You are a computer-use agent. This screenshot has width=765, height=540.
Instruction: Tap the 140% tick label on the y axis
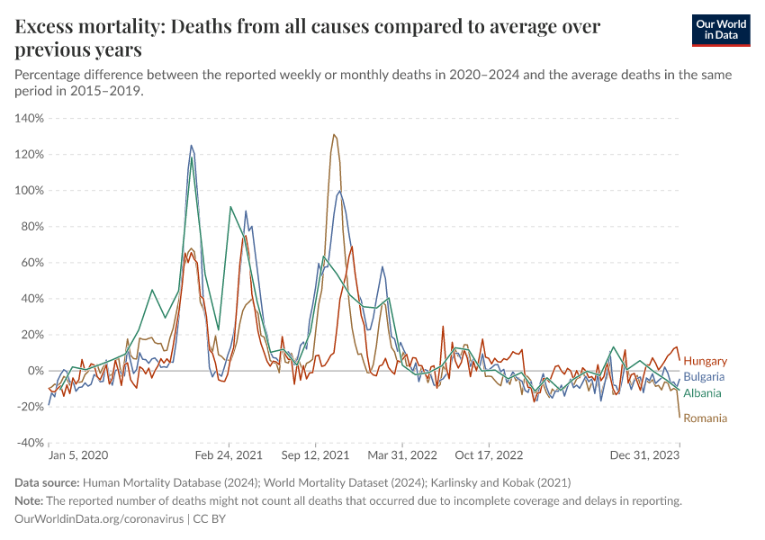[x=30, y=118]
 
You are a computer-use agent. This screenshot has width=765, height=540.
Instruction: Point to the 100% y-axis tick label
[x=30, y=190]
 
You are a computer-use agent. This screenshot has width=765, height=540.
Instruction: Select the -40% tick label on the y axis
[x=30, y=443]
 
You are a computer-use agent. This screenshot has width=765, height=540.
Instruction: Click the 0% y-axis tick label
[x=36, y=371]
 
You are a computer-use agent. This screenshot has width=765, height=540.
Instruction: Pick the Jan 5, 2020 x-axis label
[x=78, y=455]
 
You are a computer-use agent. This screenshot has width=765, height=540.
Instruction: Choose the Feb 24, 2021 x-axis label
[x=229, y=455]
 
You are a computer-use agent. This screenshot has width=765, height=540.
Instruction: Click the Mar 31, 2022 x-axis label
[x=401, y=455]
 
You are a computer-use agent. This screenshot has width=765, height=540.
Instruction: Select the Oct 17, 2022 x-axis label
[x=489, y=455]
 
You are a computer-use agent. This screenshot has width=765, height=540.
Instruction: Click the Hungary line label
[x=706, y=361]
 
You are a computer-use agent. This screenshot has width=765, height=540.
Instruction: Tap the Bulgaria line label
[x=706, y=377]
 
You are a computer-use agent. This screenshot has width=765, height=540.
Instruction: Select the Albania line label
[x=703, y=393]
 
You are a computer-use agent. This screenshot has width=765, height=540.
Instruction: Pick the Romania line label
[x=706, y=418]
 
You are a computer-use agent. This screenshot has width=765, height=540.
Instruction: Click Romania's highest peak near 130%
[x=334, y=135]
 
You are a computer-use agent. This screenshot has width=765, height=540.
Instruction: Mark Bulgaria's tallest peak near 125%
[x=191, y=146]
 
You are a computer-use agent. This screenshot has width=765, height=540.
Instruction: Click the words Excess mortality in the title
[x=85, y=26]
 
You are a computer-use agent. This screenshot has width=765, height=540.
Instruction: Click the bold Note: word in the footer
[x=30, y=500]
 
